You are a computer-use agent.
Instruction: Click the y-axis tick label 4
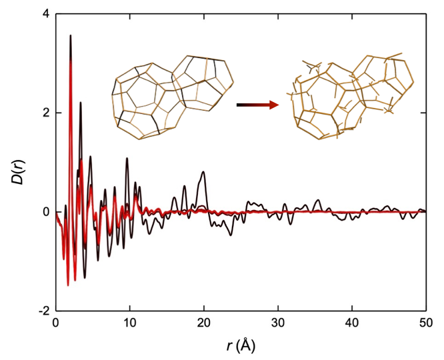tap(45, 14)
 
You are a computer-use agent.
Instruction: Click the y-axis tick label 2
tap(45, 113)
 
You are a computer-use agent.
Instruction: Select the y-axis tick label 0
tap(45, 212)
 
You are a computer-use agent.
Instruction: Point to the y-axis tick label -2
tap(43, 311)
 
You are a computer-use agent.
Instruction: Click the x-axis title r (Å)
tap(240, 345)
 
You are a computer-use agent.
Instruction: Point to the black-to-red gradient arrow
tap(257, 105)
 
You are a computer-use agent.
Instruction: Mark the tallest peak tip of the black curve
tap(71, 36)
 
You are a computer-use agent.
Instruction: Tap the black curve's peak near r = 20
tap(203, 172)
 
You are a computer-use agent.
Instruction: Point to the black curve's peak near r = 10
tap(127, 159)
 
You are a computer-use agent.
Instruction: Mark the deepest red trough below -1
tap(68, 285)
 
